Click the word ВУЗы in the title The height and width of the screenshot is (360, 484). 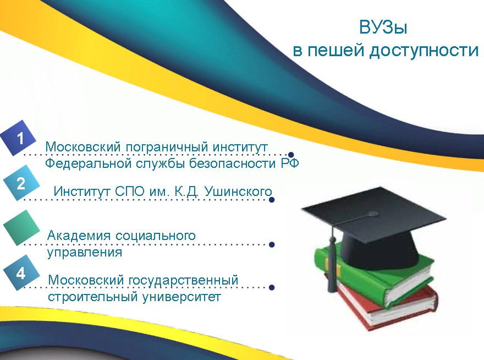point(383,27)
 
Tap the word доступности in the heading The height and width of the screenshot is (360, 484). point(424,51)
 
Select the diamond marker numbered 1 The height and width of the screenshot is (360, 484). point(18,138)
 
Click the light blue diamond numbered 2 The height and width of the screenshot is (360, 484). point(21,183)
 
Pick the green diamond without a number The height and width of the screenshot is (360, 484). point(21,228)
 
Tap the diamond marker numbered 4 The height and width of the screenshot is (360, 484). point(21,273)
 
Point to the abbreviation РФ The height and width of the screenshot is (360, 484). point(290,163)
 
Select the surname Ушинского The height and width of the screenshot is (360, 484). point(238,192)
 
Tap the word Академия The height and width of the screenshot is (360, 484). point(79,236)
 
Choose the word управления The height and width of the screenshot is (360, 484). point(85,252)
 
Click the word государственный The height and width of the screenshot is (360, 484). point(183,281)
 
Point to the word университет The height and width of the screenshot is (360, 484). point(182,297)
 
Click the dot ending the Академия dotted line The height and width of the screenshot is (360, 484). point(272,245)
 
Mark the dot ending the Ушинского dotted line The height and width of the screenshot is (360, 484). point(272,200)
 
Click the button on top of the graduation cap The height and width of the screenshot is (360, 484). point(373,214)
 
